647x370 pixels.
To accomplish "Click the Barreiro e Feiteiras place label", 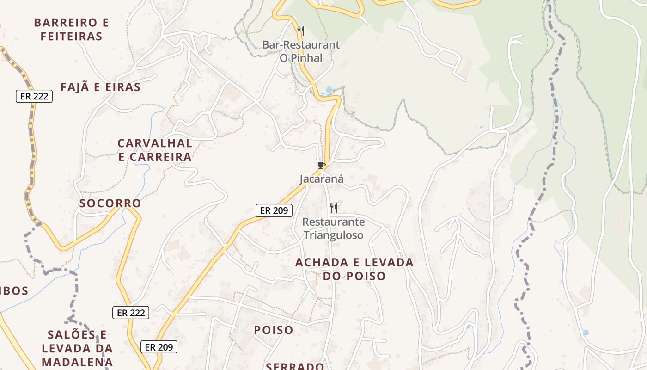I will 72,29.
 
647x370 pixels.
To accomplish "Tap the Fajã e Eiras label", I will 100,87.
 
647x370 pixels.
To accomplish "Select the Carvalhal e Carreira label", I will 155,150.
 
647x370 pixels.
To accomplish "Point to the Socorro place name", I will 110,203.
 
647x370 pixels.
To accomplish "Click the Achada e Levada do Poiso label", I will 354,269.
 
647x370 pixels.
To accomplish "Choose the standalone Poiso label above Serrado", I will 274,330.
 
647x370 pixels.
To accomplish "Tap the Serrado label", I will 295,366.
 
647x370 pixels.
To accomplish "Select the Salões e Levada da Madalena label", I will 77,348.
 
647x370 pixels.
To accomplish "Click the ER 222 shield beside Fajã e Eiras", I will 34,96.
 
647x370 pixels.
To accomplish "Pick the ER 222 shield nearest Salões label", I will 131,313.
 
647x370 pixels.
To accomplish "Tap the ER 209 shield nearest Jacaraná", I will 274,210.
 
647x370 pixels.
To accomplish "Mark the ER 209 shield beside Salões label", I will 159,346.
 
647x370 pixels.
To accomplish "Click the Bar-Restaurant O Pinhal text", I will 301,51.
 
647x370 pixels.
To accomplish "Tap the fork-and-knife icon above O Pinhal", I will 301,31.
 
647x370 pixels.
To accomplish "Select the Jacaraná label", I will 322,179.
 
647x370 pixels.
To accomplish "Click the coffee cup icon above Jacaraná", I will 322,165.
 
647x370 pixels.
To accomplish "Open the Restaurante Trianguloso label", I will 333,228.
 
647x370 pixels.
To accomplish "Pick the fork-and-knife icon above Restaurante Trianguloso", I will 334,208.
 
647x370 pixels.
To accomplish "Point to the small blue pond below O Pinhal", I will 329,90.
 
